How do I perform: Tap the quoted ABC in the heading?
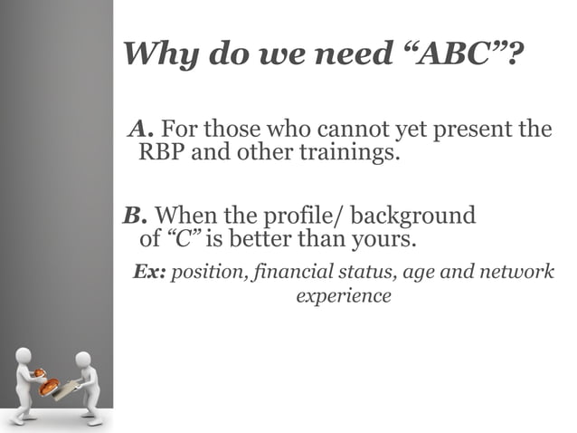(456, 54)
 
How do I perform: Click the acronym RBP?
(160, 151)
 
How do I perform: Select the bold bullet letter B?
(134, 216)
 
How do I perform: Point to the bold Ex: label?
(149, 272)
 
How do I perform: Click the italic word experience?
(344, 295)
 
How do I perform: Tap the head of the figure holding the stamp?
(24, 355)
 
